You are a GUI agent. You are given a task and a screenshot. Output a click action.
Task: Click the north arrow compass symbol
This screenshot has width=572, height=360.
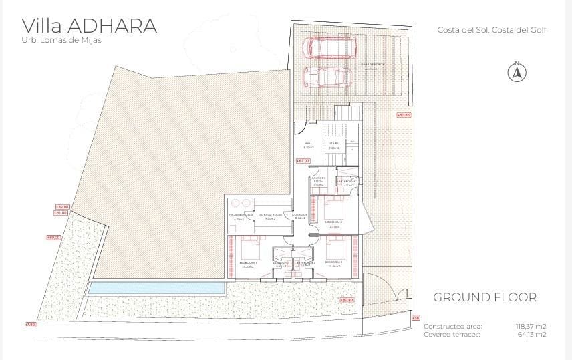pos(516,71)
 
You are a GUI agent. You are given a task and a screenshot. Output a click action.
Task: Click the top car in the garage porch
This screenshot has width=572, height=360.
pos(328,47)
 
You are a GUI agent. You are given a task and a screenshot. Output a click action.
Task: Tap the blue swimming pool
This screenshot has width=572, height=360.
pos(156,288)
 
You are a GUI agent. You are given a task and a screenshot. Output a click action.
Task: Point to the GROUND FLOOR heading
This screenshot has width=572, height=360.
pos(484,297)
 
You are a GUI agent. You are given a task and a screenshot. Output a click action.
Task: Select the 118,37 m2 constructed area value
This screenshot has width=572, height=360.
pos(531,326)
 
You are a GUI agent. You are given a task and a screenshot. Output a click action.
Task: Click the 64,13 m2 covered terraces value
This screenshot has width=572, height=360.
pos(533,334)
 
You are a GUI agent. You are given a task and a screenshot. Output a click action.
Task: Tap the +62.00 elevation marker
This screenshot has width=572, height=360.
pos(61,207)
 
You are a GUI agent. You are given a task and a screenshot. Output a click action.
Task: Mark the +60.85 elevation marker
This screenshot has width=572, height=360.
pos(403,115)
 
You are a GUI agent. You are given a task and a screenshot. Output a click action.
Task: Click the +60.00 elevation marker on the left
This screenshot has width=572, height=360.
pos(53,237)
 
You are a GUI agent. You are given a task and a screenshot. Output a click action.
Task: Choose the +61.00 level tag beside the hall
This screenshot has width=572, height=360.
pos(303,161)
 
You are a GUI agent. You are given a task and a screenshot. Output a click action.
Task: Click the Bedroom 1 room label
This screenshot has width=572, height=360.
pos(249,262)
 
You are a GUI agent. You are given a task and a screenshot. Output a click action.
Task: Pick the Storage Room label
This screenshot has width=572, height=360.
pos(271,215)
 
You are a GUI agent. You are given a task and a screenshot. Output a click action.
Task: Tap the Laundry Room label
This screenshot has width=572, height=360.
pos(319,180)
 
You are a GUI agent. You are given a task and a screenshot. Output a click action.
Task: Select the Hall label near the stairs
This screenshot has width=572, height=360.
pos(308,144)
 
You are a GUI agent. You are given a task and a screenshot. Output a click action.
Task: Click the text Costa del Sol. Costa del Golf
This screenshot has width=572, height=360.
pos(486,30)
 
